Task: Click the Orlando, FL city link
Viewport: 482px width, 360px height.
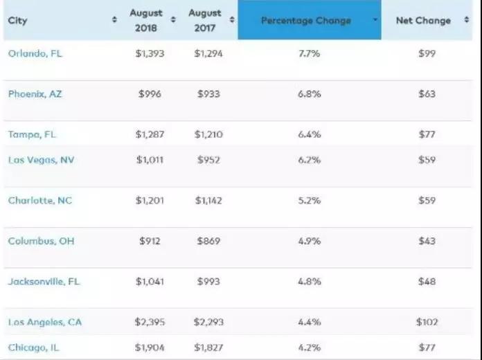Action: [35, 53]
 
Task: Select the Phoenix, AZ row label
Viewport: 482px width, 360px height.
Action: [35, 94]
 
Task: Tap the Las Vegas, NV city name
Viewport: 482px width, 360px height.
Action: [41, 160]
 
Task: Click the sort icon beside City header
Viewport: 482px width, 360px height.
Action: [115, 21]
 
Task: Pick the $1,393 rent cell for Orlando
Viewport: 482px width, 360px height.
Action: [150, 53]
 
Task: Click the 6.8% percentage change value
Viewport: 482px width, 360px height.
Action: [309, 94]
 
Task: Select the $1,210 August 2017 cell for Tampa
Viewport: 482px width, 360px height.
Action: [209, 134]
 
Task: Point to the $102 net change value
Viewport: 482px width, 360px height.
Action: [427, 322]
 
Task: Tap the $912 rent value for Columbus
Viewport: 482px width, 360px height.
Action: [150, 241]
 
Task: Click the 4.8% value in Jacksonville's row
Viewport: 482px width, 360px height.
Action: [309, 282]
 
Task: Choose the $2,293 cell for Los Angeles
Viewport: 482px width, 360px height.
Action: [209, 322]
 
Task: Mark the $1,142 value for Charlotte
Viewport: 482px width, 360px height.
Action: [209, 201]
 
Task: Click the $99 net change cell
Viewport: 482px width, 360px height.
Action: [427, 53]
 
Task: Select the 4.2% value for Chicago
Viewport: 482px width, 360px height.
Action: [309, 348]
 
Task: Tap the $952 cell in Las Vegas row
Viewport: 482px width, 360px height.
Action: [209, 160]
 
